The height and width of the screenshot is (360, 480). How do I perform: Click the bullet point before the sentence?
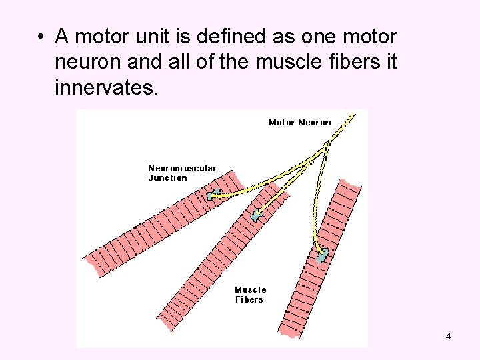41,36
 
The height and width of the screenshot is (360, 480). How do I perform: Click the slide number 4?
448,336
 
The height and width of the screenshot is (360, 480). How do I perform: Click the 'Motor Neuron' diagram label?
299,122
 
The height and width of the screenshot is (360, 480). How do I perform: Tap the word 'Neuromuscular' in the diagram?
182,169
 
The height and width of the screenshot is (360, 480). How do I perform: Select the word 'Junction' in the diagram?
167,178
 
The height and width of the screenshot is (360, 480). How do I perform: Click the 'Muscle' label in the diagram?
251,289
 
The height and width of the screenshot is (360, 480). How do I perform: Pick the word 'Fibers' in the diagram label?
249,299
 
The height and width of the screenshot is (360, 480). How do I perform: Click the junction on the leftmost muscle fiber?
214,195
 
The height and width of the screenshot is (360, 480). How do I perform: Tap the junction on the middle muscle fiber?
257,215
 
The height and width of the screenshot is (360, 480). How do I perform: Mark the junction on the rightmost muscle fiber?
323,254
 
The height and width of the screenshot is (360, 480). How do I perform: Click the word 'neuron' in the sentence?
89,61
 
